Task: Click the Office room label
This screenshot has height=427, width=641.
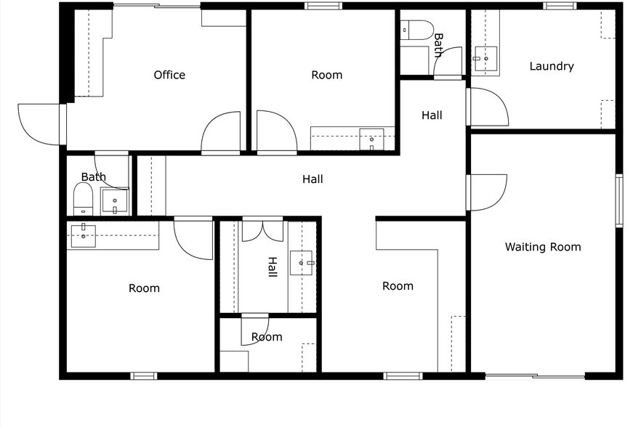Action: [x=169, y=75]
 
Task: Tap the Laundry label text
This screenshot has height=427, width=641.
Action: [x=551, y=66]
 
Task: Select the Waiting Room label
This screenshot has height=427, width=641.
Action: [x=543, y=247]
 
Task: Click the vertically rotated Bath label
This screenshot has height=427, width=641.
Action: [x=438, y=45]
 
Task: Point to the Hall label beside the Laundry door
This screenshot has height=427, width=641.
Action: [x=432, y=115]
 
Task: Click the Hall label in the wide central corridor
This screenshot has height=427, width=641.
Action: [x=313, y=179]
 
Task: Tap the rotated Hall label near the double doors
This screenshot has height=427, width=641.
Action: [x=273, y=267]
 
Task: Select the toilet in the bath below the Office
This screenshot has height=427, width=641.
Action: [x=83, y=198]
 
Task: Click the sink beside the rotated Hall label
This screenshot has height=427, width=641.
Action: [x=302, y=262]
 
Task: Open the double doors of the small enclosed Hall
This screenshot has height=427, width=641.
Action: [x=262, y=229]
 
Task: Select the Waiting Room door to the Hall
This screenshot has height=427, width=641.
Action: [x=487, y=192]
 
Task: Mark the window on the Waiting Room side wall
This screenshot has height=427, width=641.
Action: [x=619, y=200]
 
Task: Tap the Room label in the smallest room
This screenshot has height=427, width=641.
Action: [x=267, y=337]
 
